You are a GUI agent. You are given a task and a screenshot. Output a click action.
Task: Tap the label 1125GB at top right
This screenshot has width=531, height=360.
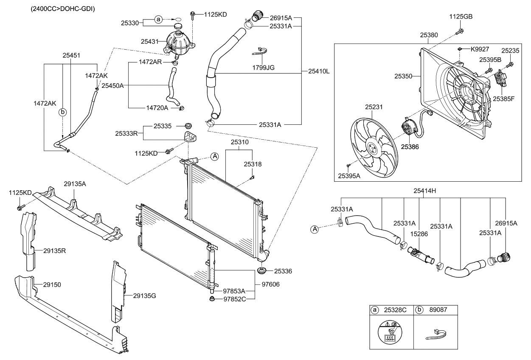[x=461, y=17]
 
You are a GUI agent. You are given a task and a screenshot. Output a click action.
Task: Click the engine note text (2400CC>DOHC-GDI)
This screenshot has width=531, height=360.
[x=62, y=8]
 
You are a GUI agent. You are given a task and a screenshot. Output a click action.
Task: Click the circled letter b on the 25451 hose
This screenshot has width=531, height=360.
[x=63, y=112]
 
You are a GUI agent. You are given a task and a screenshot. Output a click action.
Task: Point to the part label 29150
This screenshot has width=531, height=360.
[x=52, y=285]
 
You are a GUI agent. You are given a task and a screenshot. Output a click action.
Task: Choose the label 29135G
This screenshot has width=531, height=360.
[x=144, y=295]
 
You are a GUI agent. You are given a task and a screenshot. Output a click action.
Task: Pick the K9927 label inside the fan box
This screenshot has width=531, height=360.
[x=480, y=49]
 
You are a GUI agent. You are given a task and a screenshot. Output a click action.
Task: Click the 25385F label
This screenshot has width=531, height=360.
[x=503, y=98]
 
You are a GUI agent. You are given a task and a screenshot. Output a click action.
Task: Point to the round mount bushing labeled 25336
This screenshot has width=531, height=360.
[x=262, y=271]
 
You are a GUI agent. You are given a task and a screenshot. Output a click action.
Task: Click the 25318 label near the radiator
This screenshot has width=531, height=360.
[x=253, y=163]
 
